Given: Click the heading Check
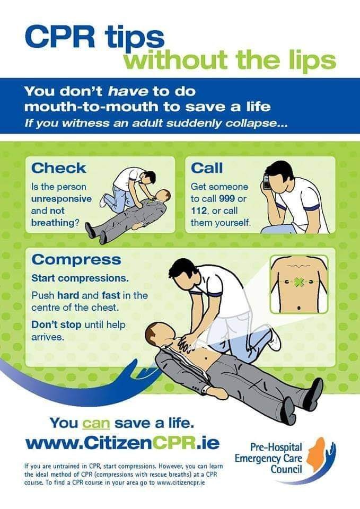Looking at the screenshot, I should point(58,168).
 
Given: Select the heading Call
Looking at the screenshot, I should point(207,168).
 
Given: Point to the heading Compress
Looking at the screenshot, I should point(76,260).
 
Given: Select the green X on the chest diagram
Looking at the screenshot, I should point(301,281).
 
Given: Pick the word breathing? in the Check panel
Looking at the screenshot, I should point(56,223).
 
